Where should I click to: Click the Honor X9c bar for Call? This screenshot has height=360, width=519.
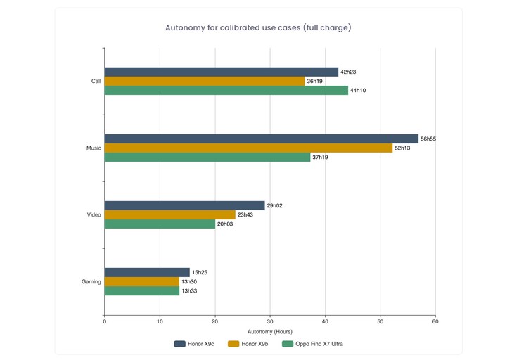point(221,72)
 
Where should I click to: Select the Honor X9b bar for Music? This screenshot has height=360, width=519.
point(248,148)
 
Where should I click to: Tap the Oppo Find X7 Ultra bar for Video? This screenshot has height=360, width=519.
point(160,224)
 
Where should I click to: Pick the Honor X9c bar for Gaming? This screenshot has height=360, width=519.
point(147,272)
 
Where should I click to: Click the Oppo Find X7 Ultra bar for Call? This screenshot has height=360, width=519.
point(226,90)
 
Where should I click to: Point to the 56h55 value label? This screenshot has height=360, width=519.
point(428,139)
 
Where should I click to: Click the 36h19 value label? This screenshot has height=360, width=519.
point(315,81)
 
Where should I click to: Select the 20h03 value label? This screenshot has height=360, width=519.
point(225,224)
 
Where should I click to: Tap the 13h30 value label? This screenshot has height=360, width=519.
point(189,281)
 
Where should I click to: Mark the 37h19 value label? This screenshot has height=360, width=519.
point(320,157)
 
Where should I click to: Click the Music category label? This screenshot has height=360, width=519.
point(94,148)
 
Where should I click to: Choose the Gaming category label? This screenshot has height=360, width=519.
point(91,281)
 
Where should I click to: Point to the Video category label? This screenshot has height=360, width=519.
point(94,214)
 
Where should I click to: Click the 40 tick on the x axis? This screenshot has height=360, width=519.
point(325,321)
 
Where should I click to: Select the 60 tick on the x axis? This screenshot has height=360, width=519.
point(435,321)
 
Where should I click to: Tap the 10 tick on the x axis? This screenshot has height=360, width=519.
point(160,321)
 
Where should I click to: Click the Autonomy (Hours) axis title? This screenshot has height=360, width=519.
point(270,331)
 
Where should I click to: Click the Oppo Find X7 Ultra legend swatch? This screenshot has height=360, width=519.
point(287,344)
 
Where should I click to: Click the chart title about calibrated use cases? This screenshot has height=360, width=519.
point(258,28)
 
